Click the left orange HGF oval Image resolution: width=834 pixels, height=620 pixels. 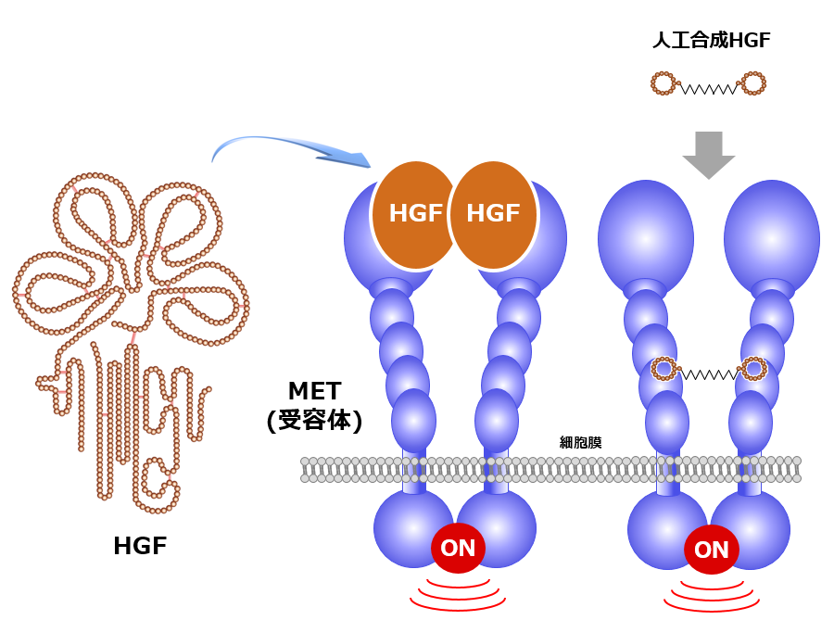click(415, 214)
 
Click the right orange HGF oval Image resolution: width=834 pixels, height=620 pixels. click(493, 214)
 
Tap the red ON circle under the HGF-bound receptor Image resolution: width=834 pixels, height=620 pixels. click(458, 548)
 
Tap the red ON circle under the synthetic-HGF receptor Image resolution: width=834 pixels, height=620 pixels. click(711, 550)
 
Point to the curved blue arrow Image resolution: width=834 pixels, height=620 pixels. click(287, 148)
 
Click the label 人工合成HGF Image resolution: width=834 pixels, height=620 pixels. click(711, 40)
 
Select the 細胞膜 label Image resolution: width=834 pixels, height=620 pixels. click(581, 442)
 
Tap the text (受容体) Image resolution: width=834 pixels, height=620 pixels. click(315, 420)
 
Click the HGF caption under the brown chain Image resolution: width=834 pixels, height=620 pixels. click(140, 546)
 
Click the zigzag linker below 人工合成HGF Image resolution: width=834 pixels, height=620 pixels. click(709, 89)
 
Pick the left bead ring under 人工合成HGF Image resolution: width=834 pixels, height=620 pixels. click(663, 83)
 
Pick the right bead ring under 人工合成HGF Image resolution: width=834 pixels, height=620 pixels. click(753, 83)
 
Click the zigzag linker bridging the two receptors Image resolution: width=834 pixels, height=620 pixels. click(709, 374)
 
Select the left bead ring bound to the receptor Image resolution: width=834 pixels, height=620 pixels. click(664, 369)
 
